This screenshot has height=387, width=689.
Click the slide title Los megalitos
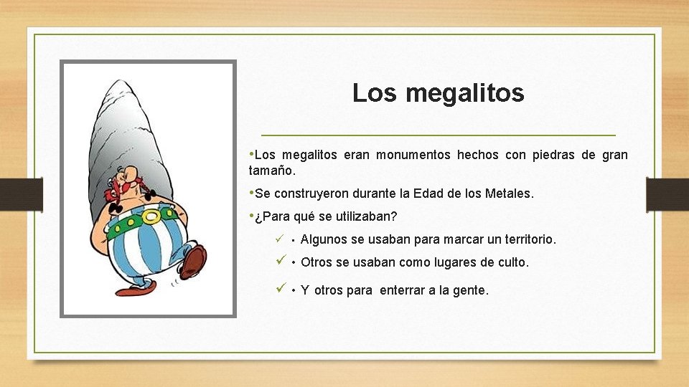(438, 93)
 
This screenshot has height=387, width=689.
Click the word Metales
(509, 193)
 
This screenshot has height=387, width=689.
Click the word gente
(472, 290)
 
